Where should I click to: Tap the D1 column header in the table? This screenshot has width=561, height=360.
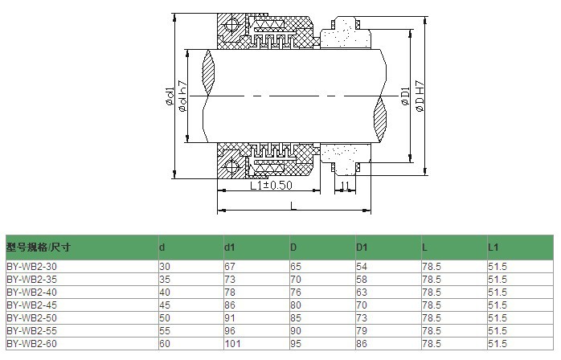362,246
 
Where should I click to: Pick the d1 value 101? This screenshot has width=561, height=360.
233,343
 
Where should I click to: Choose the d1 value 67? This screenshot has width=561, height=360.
230,265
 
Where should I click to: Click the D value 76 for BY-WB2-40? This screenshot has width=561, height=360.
296,292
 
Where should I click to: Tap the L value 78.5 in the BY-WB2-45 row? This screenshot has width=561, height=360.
430,305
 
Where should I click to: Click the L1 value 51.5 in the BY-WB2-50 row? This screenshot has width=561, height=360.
497,317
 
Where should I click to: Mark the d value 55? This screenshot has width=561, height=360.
165,330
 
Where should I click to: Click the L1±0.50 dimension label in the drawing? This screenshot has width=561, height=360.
270,186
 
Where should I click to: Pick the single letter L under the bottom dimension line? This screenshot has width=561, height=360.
291,206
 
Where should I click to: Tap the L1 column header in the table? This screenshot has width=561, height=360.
493,246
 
